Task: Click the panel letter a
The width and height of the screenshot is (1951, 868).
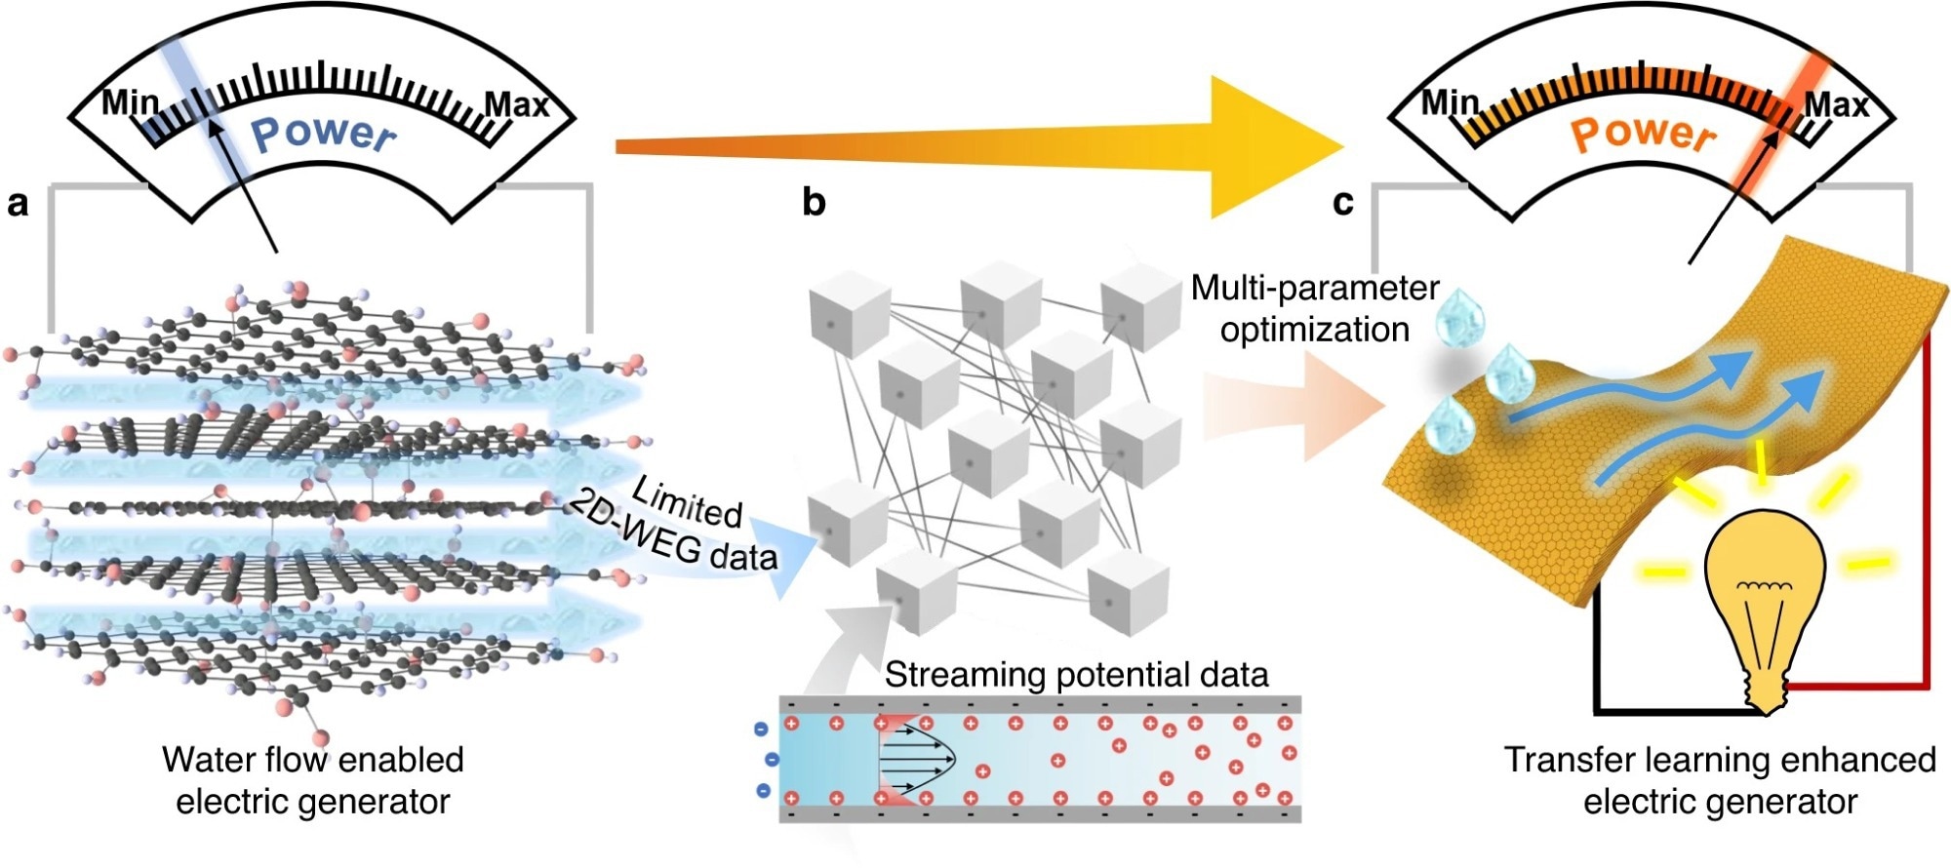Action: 18,204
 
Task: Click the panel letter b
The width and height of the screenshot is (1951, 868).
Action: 814,202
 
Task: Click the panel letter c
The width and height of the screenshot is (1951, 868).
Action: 1343,202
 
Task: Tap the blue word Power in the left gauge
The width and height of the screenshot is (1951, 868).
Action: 324,134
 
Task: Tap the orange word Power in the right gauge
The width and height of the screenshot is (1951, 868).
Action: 1644,134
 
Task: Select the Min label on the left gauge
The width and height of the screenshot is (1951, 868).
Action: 130,101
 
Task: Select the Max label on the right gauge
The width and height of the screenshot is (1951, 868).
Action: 1836,104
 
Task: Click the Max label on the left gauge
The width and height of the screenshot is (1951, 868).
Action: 517,103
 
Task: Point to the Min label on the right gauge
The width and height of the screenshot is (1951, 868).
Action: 1450,101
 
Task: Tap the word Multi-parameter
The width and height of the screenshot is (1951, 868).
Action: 1315,288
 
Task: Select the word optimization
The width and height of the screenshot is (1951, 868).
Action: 1315,330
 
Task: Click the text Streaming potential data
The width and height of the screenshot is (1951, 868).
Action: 1076,675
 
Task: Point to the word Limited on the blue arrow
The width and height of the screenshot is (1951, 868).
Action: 687,499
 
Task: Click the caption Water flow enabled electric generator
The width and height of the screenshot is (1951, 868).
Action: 312,780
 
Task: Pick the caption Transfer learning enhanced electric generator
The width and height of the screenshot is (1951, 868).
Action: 1720,780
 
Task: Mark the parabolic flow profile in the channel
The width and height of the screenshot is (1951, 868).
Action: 917,759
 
